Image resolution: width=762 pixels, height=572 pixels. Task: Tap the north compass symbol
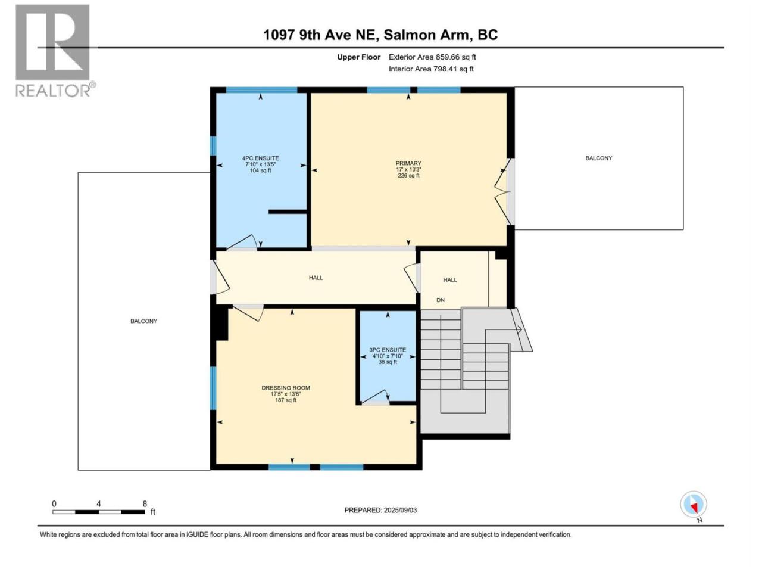click(694, 505)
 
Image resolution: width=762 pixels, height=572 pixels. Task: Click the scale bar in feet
click(99, 512)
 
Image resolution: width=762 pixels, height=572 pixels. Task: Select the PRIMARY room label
click(408, 163)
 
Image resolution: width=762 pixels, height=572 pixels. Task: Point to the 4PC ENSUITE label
click(260, 158)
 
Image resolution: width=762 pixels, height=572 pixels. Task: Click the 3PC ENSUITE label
click(388, 350)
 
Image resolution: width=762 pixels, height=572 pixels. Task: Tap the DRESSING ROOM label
click(286, 388)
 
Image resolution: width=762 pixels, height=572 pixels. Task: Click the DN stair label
click(440, 300)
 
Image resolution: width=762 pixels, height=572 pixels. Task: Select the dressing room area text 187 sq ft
click(286, 400)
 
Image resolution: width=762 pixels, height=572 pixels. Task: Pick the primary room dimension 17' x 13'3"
click(408, 169)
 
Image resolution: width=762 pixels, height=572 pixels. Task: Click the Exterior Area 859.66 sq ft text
click(432, 57)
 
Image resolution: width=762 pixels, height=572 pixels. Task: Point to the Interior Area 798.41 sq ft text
click(431, 69)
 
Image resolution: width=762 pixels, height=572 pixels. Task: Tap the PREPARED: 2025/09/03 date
click(380, 510)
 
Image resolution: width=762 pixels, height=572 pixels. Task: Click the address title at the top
click(380, 35)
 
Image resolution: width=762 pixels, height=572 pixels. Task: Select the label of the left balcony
click(143, 321)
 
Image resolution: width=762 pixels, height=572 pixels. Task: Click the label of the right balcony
click(599, 158)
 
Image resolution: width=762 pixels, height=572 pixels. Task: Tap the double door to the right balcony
click(503, 192)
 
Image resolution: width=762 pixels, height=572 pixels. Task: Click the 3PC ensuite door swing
click(375, 397)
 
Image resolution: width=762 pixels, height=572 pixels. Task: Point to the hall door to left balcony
click(220, 277)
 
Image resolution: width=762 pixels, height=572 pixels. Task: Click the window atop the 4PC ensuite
click(262, 90)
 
